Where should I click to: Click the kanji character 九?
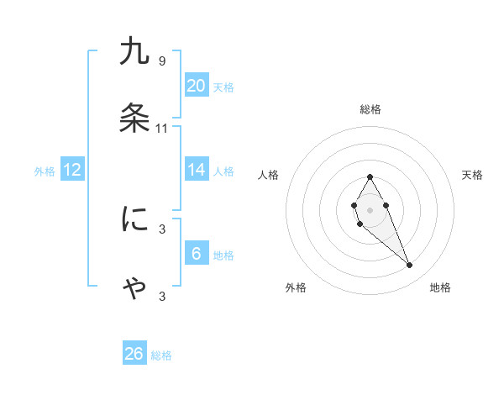[134, 52]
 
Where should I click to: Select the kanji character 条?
[134, 119]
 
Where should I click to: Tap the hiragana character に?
[134, 219]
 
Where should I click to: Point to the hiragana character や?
[134, 287]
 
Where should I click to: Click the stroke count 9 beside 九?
[161, 61]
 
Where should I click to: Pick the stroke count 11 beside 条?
[162, 129]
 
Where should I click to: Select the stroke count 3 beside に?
[161, 229]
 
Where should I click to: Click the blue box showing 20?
[197, 86]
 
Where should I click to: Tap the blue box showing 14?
[197, 170]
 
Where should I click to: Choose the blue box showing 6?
[197, 254]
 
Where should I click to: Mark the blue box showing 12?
[72, 170]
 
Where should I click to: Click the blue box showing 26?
[134, 354]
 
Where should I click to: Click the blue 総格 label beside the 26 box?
[161, 355]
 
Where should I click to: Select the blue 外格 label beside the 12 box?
[45, 171]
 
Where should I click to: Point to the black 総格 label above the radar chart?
[370, 109]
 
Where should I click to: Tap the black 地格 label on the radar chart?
[440, 288]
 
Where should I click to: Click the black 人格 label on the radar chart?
[269, 175]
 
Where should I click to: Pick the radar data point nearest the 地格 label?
[410, 266]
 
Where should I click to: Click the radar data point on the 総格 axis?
[370, 176]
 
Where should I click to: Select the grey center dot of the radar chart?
[370, 208]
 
